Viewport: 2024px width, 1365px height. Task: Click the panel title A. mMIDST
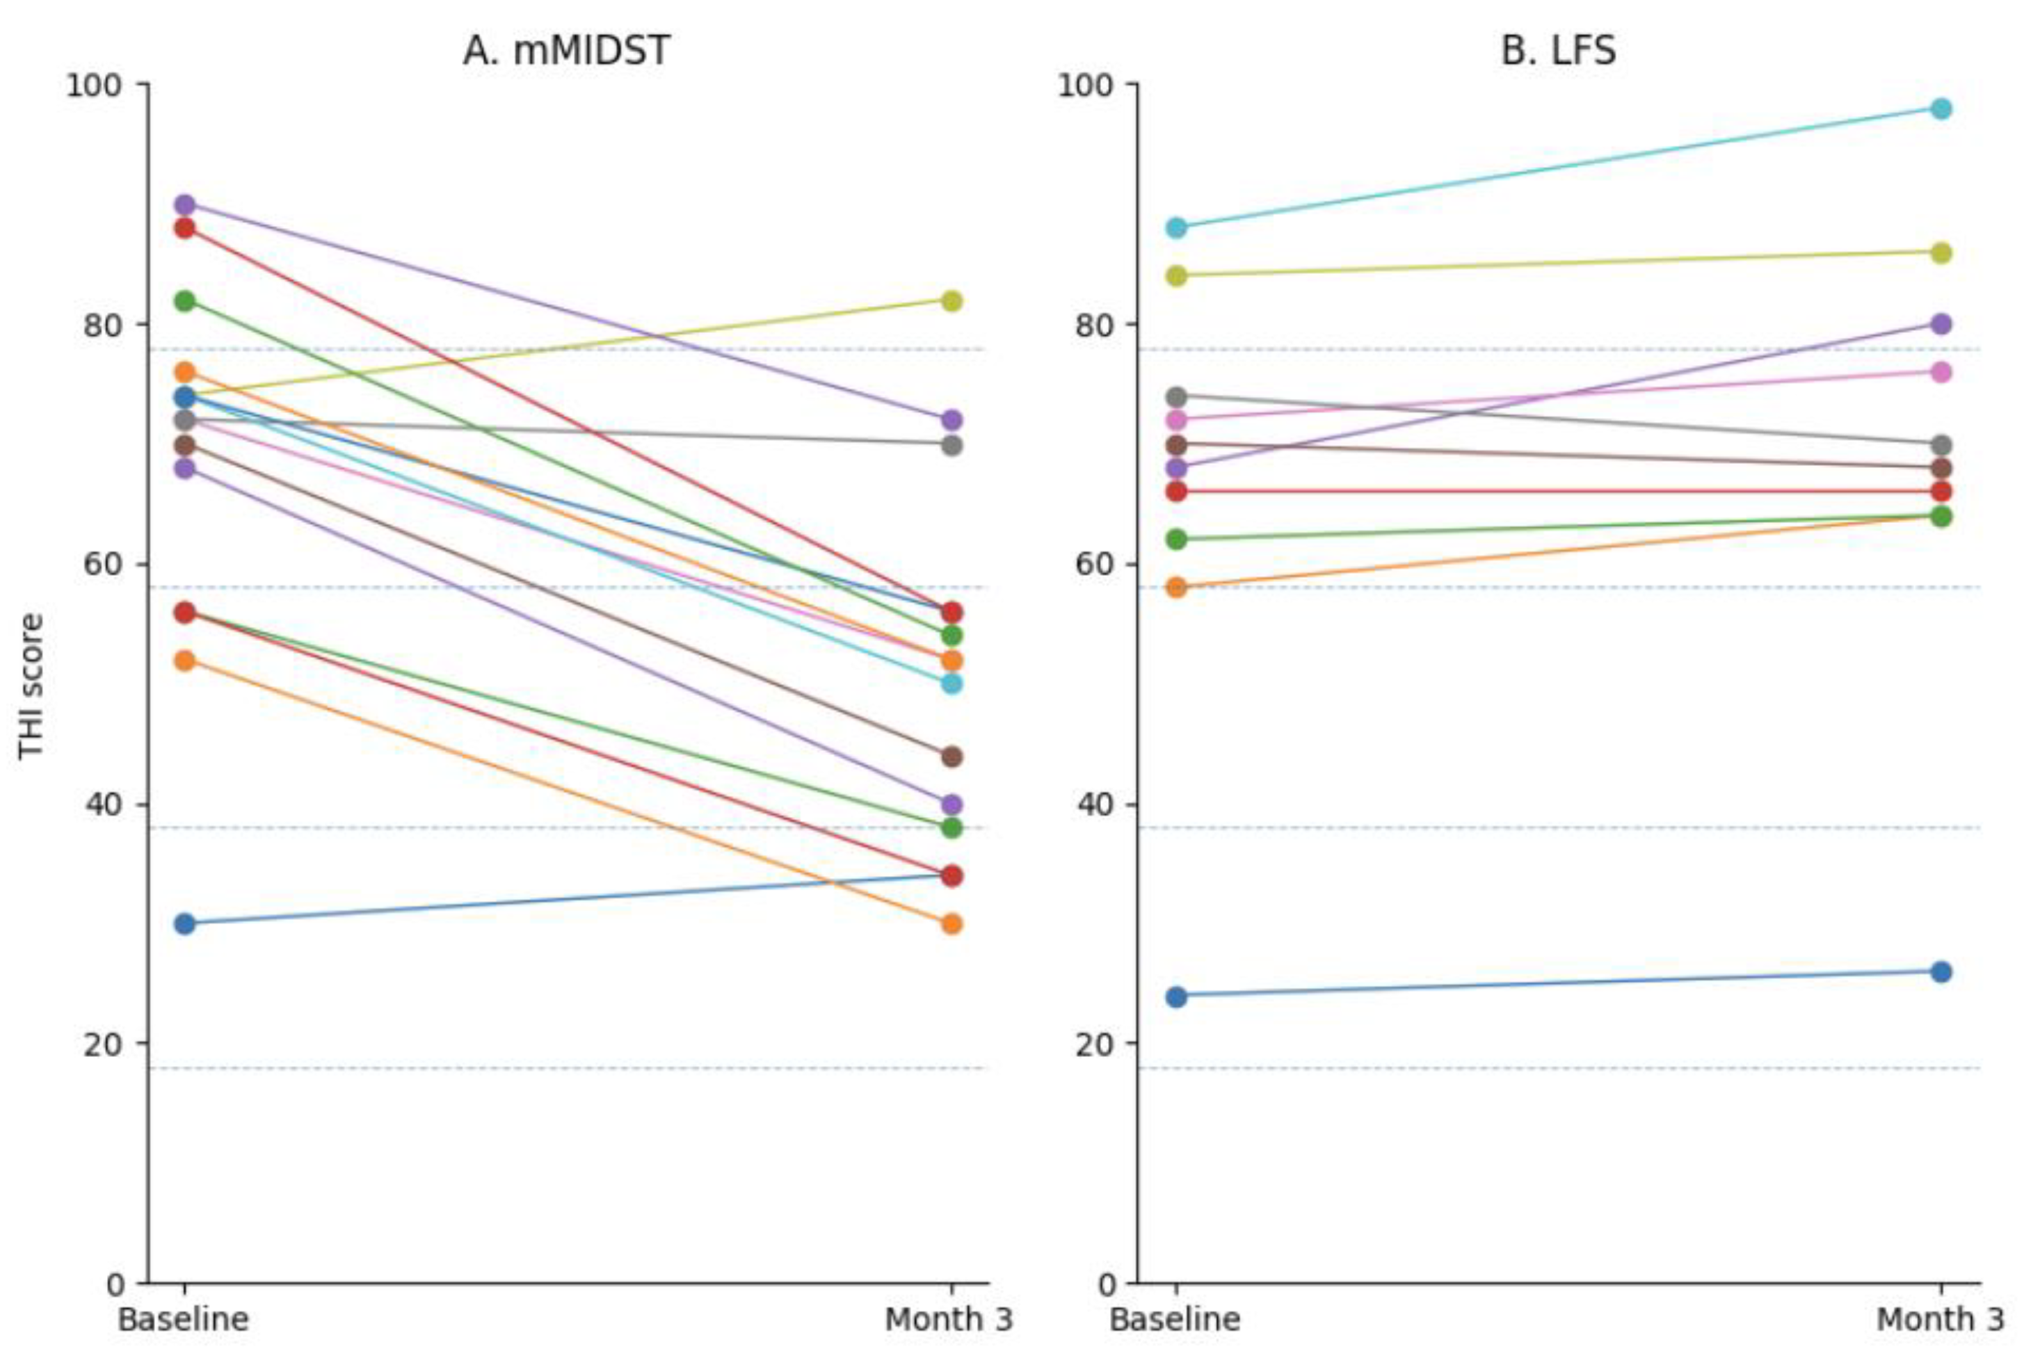(x=566, y=51)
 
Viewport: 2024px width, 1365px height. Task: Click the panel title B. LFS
(x=1557, y=51)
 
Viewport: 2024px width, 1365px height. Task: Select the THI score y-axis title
(x=31, y=686)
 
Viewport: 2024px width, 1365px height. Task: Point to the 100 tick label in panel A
(x=94, y=86)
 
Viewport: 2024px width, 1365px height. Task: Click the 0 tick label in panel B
(x=1106, y=1284)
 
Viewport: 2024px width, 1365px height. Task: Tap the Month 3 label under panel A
(x=949, y=1320)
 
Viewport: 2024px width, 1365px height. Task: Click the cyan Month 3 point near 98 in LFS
(x=1941, y=108)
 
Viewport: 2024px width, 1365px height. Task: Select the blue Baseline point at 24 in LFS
(x=1176, y=996)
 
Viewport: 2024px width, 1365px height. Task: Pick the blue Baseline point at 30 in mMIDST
(x=184, y=923)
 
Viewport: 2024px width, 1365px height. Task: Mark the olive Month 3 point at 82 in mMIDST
(x=951, y=301)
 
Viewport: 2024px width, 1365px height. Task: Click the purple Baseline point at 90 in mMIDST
(x=184, y=205)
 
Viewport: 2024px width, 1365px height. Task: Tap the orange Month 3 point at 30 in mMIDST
(x=951, y=923)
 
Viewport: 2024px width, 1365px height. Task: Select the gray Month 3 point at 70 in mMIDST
(x=951, y=446)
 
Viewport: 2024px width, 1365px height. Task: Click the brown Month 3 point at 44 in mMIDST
(x=951, y=757)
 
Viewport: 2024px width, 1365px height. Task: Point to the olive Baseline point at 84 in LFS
(x=1176, y=277)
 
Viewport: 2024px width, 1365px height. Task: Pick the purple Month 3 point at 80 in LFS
(x=1941, y=325)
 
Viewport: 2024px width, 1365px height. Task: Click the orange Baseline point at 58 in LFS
(x=1176, y=588)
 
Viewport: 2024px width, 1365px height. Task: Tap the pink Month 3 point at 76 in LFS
(x=1941, y=373)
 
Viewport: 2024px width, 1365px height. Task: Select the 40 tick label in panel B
(x=1096, y=805)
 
